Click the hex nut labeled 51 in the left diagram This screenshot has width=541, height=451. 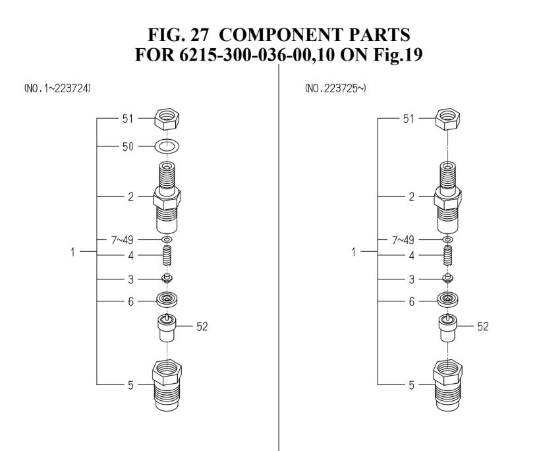point(167,120)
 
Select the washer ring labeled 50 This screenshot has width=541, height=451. point(167,146)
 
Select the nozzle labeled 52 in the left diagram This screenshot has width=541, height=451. point(167,327)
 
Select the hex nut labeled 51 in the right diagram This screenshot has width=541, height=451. point(448,120)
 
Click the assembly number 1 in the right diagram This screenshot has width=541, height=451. point(355,251)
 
